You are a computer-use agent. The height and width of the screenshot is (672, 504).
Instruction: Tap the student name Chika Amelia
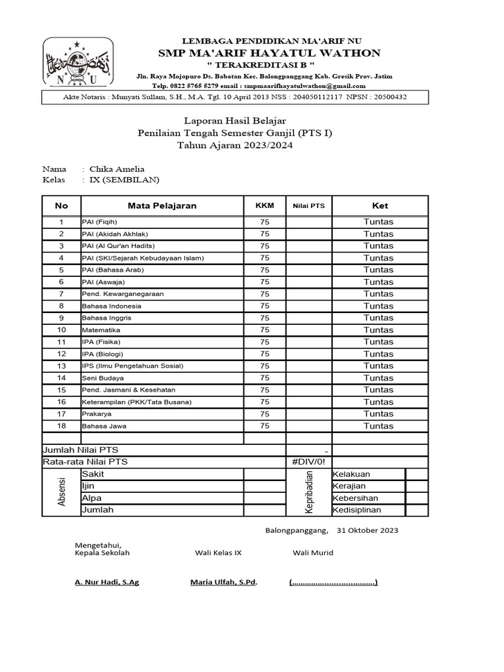pyautogui.click(x=121, y=169)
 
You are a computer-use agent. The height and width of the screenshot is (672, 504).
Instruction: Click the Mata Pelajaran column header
pyautogui.click(x=162, y=206)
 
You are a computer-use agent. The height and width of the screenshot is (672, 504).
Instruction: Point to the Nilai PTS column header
pyautogui.click(x=308, y=206)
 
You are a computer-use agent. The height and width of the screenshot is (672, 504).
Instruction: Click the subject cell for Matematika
pyautogui.click(x=101, y=330)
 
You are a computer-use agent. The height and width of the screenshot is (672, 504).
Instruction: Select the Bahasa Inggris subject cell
pyautogui.click(x=106, y=318)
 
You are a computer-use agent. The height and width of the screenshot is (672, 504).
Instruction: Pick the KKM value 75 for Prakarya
pyautogui.click(x=264, y=414)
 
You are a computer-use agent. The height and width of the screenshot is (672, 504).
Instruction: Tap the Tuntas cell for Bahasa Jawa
pyautogui.click(x=379, y=426)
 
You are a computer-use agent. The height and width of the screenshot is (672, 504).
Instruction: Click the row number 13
pyautogui.click(x=62, y=366)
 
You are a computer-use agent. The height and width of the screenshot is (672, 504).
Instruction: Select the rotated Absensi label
pyautogui.click(x=62, y=492)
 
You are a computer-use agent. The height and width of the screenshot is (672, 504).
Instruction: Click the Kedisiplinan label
pyautogui.click(x=357, y=510)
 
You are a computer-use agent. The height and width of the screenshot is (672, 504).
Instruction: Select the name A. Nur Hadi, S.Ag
pyautogui.click(x=107, y=582)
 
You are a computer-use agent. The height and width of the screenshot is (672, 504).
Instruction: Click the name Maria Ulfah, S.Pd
pyautogui.click(x=223, y=582)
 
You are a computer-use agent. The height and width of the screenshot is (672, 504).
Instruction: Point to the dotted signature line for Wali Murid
pyautogui.click(x=333, y=582)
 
